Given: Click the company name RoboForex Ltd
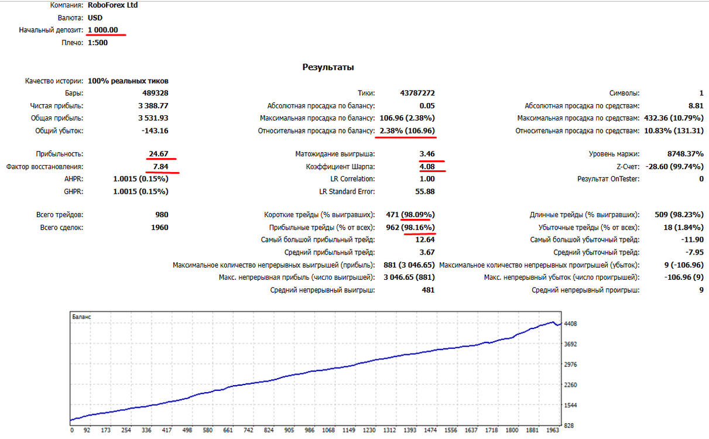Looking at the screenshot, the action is pyautogui.click(x=112, y=5).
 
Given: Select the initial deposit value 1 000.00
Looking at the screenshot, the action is pyautogui.click(x=103, y=30).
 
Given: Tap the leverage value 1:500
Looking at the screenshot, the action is pyautogui.click(x=98, y=43).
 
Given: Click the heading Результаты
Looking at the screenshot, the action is pyautogui.click(x=328, y=67).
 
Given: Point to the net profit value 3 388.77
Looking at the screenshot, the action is pyautogui.click(x=153, y=106).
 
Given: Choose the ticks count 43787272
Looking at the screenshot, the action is pyautogui.click(x=417, y=93).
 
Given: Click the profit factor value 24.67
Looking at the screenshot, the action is pyautogui.click(x=159, y=154).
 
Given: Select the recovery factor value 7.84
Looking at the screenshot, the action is pyautogui.click(x=160, y=166).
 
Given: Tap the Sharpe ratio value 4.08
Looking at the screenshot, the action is pyautogui.click(x=427, y=166).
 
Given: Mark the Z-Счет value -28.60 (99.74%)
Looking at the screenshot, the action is pyautogui.click(x=674, y=166).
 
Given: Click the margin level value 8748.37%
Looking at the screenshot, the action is pyautogui.click(x=685, y=154).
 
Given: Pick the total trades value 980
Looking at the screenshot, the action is pyautogui.click(x=162, y=215).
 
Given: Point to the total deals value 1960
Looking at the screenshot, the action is pyautogui.click(x=159, y=228).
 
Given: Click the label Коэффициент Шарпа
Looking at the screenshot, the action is pyautogui.click(x=340, y=167).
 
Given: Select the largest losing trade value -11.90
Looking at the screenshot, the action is pyautogui.click(x=692, y=240).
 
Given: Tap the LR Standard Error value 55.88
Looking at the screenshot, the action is pyautogui.click(x=425, y=191).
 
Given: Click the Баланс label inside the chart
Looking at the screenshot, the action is pyautogui.click(x=81, y=317).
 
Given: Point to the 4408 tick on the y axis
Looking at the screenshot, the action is pyautogui.click(x=570, y=324).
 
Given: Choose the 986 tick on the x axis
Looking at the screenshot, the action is pyautogui.click(x=309, y=430).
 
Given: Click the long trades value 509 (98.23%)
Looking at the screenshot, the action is pyautogui.click(x=679, y=215).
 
